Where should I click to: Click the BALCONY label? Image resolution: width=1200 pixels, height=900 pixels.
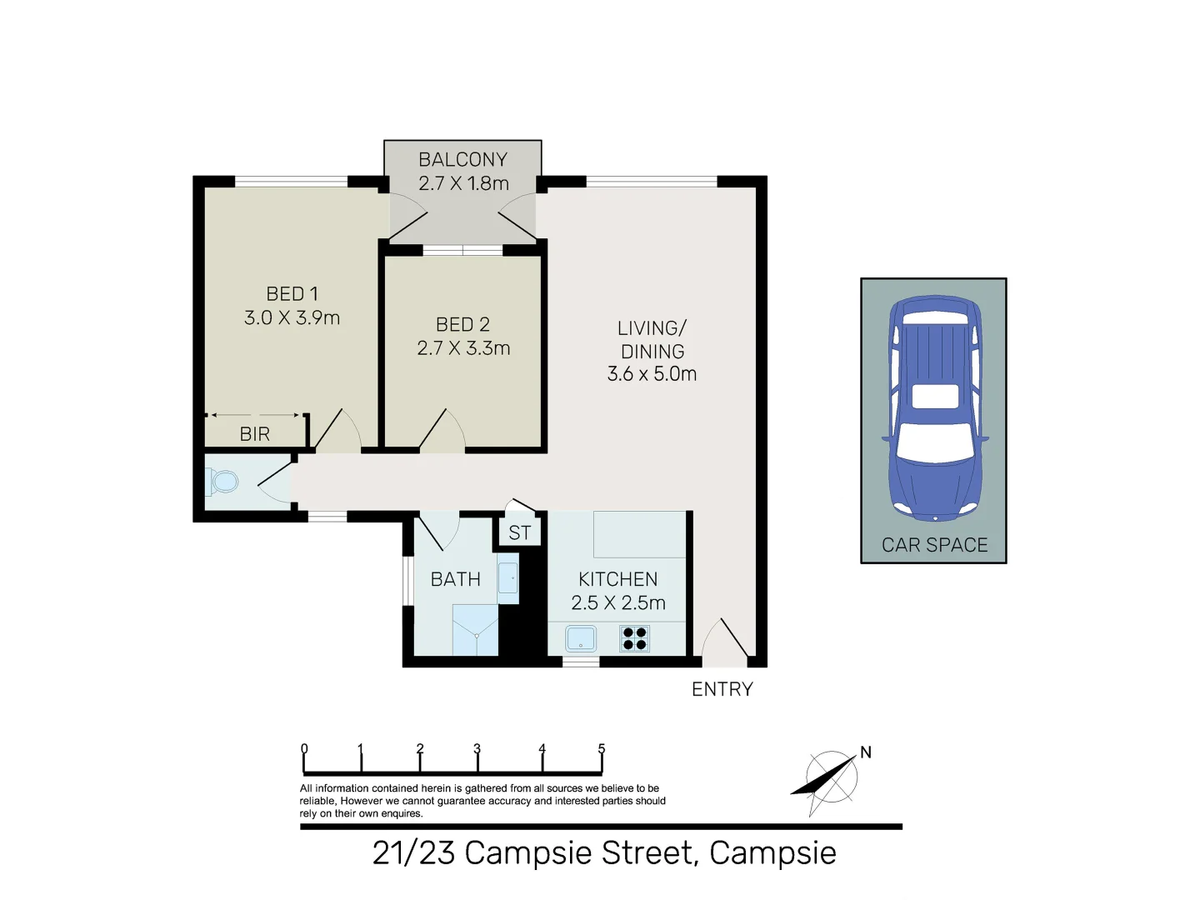[462, 159]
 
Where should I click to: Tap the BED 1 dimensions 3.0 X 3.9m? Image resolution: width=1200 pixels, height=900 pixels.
[292, 317]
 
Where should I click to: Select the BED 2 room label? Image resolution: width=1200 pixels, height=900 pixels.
[462, 324]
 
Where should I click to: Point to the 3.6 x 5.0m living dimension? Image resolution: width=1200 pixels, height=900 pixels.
[652, 374]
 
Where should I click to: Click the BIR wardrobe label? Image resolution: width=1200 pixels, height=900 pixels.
[254, 434]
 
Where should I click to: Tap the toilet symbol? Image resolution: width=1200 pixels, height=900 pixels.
[222, 481]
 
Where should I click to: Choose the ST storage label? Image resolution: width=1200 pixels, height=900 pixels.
[520, 533]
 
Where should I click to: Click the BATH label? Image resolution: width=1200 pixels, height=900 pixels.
[455, 579]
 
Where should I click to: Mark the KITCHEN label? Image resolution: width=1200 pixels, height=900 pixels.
[617, 579]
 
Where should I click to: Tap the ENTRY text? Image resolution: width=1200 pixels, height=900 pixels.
[722, 689]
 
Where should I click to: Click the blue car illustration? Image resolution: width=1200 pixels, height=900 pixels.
[934, 408]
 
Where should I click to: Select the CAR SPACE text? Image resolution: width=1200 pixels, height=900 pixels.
[934, 545]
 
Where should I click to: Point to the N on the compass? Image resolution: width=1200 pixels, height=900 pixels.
[866, 752]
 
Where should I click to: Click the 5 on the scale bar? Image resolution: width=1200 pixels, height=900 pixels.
[601, 748]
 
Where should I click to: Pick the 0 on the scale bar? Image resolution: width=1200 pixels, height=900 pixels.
[304, 748]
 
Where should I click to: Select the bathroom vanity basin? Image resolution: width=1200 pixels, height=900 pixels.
[507, 578]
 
